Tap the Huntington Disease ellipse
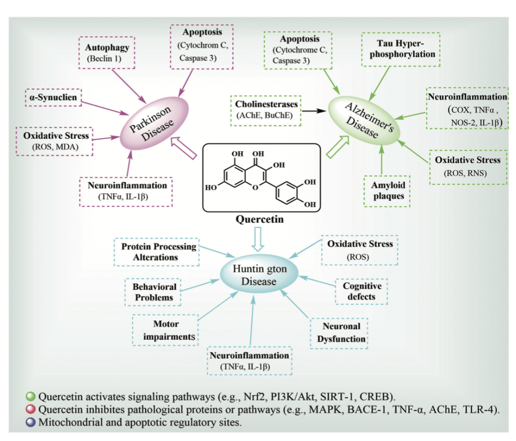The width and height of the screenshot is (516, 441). tap(259, 275)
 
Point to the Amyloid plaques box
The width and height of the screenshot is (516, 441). tap(387, 190)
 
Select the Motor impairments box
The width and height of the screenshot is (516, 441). tap(166, 330)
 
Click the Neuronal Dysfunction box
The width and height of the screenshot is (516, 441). tap(341, 333)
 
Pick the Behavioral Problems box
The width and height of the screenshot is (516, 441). tap(154, 292)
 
